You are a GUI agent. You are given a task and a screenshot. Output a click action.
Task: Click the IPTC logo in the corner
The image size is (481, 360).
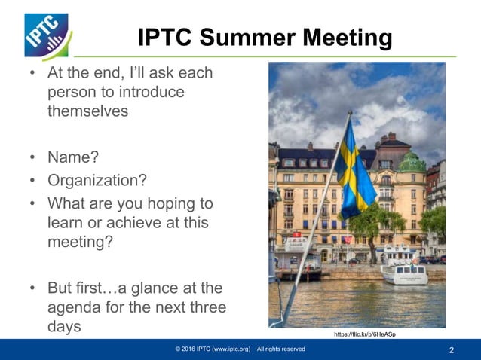pos(47,35)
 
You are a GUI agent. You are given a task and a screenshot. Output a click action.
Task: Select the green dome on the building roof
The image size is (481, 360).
pos(412,160)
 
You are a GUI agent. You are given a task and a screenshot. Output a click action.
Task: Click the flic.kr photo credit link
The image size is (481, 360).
pos(363,334)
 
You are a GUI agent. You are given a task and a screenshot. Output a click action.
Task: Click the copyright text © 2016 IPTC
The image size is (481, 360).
pos(213,349)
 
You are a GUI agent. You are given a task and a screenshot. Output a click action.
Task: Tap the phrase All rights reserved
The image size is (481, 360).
pos(280,349)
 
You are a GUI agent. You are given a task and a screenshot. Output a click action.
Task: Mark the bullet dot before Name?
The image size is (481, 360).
pos(32,157)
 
